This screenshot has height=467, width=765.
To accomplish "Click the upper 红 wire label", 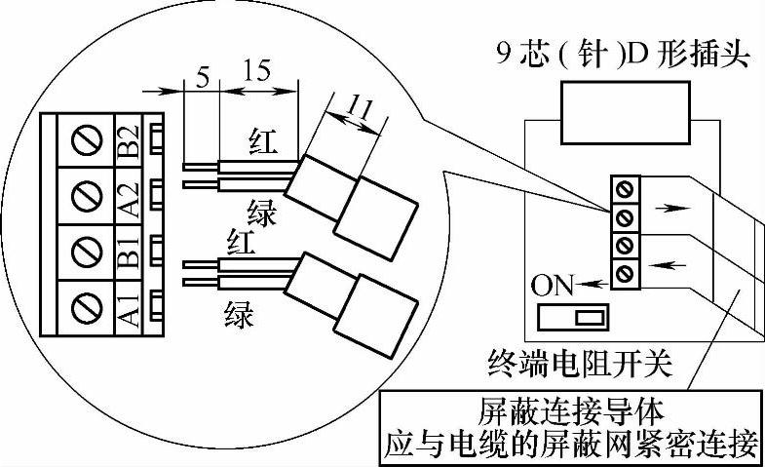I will (x=260, y=144).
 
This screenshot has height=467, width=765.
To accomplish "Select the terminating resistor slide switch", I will (x=574, y=316).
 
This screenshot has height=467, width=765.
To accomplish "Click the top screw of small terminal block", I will (x=621, y=186).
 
